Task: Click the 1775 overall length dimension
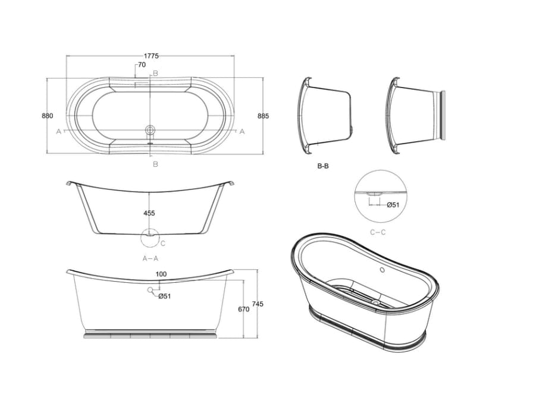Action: pos(151,56)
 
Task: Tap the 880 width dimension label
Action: pos(48,116)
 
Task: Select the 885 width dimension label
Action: pos(263,116)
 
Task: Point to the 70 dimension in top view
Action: pos(142,64)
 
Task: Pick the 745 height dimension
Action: pos(258,304)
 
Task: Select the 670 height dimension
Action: pos(243,309)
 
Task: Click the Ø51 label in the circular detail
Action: pos(393,205)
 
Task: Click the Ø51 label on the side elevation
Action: pos(165,296)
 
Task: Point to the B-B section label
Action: pos(323,167)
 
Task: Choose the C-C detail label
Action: pos(377,232)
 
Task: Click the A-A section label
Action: pos(151,258)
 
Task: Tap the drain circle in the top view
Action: pos(151,129)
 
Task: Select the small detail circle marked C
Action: pos(149,236)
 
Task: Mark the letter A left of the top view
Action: pos(58,131)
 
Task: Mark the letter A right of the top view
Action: pos(242,131)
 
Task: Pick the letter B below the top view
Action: pos(155,164)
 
